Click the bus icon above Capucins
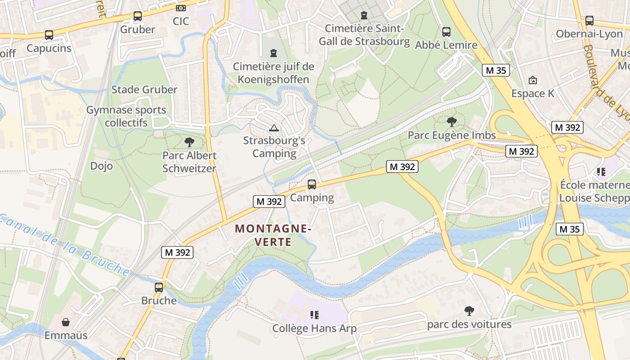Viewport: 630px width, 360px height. pyautogui.click(x=49, y=35)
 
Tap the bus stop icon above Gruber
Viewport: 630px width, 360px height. pyautogui.click(x=138, y=16)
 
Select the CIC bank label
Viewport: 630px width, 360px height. pyautogui.click(x=180, y=21)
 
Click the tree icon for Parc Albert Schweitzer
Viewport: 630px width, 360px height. pyautogui.click(x=189, y=142)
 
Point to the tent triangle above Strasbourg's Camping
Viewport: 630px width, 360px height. pyautogui.click(x=274, y=128)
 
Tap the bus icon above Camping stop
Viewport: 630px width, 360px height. pyautogui.click(x=311, y=184)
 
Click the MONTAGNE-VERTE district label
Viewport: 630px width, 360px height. pyautogui.click(x=273, y=235)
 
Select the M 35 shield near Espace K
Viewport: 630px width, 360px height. pyautogui.click(x=495, y=70)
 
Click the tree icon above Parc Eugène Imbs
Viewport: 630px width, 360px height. pyautogui.click(x=452, y=121)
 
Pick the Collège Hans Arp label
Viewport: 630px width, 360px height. pyautogui.click(x=314, y=328)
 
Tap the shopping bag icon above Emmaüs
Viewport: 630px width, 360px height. pyautogui.click(x=66, y=322)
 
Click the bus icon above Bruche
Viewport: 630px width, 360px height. pyautogui.click(x=159, y=287)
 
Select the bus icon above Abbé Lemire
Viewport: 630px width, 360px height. pyautogui.click(x=446, y=32)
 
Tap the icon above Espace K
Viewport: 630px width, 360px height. pyautogui.click(x=533, y=81)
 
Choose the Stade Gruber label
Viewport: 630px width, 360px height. pyautogui.click(x=144, y=89)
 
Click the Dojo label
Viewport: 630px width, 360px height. pyautogui.click(x=101, y=166)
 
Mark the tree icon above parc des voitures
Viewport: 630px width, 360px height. pyautogui.click(x=469, y=310)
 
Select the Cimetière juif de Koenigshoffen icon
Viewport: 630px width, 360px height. pyautogui.click(x=273, y=53)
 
